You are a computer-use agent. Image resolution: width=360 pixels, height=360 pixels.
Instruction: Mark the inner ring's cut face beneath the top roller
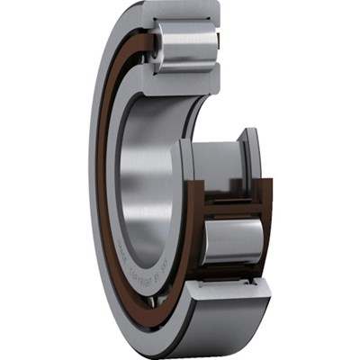180,85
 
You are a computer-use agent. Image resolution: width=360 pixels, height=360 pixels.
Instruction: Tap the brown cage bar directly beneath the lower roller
231,270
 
